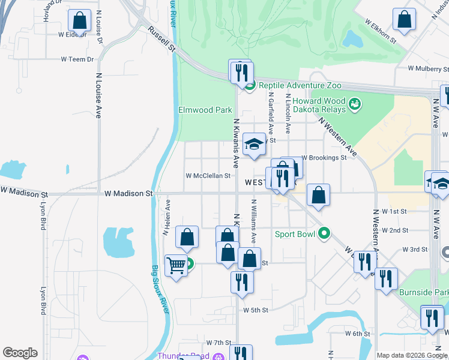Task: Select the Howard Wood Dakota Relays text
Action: pos(319,105)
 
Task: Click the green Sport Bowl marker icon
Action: pos(325,233)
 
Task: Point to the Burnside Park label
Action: pos(423,293)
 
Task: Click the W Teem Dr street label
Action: pos(77,59)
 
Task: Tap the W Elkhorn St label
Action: pos(381,31)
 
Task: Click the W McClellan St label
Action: pos(208,176)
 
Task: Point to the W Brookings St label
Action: pos(324,158)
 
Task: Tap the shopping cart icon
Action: pos(175,265)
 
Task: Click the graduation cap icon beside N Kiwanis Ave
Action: pos(255,144)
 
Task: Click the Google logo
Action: pos(20,353)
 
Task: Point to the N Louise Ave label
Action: pos(98,96)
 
